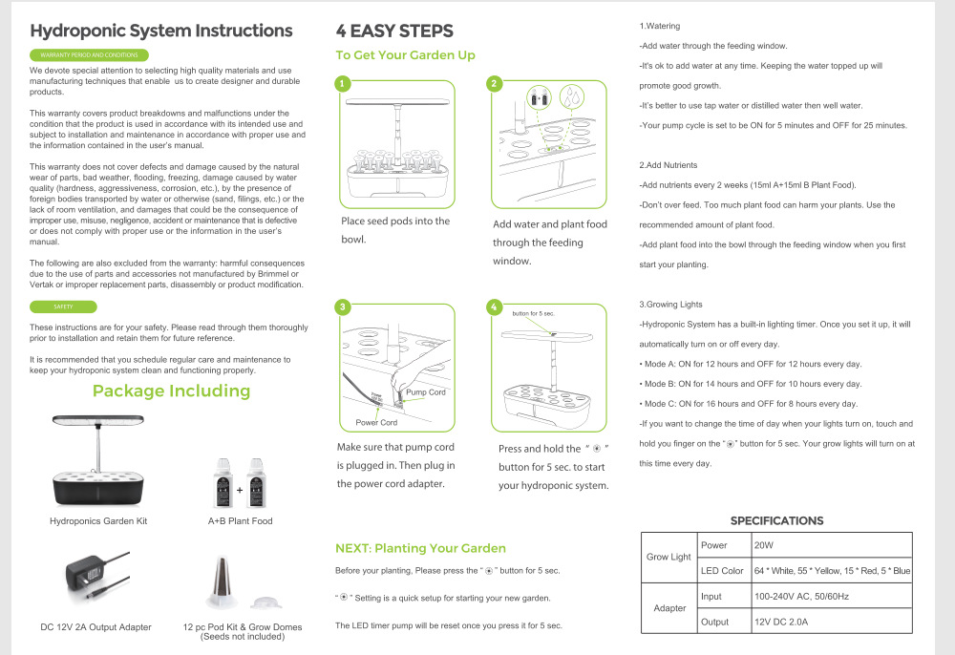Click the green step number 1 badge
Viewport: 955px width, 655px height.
[x=342, y=83]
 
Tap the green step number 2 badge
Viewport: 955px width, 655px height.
[x=494, y=83]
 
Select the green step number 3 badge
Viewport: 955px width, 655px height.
[x=342, y=306]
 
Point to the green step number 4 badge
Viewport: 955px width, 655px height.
[x=494, y=306]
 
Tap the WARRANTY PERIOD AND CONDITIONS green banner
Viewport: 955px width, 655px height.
[x=90, y=55]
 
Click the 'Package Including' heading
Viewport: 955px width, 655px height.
[x=171, y=391]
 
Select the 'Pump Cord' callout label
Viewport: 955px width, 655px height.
[x=425, y=392]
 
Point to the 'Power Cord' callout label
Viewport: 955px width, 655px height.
[x=376, y=422]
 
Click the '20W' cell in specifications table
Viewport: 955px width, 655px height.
[x=763, y=545]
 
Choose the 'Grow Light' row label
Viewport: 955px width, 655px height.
[x=668, y=557]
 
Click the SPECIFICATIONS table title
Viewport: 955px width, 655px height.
[x=776, y=520]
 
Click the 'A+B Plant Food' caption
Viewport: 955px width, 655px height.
[x=240, y=521]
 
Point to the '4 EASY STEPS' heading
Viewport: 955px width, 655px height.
[x=394, y=32]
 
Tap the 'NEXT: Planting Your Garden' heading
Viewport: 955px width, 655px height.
[x=420, y=548]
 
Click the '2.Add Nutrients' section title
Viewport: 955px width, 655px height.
[x=668, y=165]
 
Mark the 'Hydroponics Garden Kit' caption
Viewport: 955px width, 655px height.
[x=98, y=521]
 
